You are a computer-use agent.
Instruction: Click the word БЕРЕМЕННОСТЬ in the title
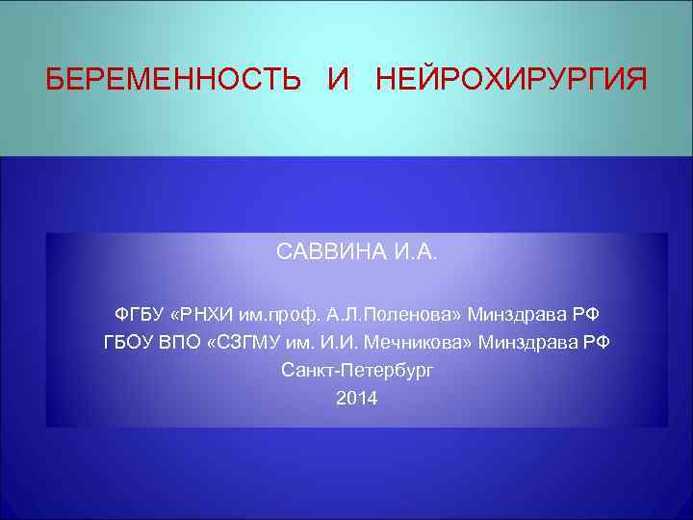(x=173, y=79)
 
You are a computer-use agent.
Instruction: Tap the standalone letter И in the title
(x=338, y=79)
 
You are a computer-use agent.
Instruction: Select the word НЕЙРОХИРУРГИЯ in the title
(x=511, y=79)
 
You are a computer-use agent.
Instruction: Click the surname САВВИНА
(x=331, y=253)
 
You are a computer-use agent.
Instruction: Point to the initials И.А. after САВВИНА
(x=415, y=253)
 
